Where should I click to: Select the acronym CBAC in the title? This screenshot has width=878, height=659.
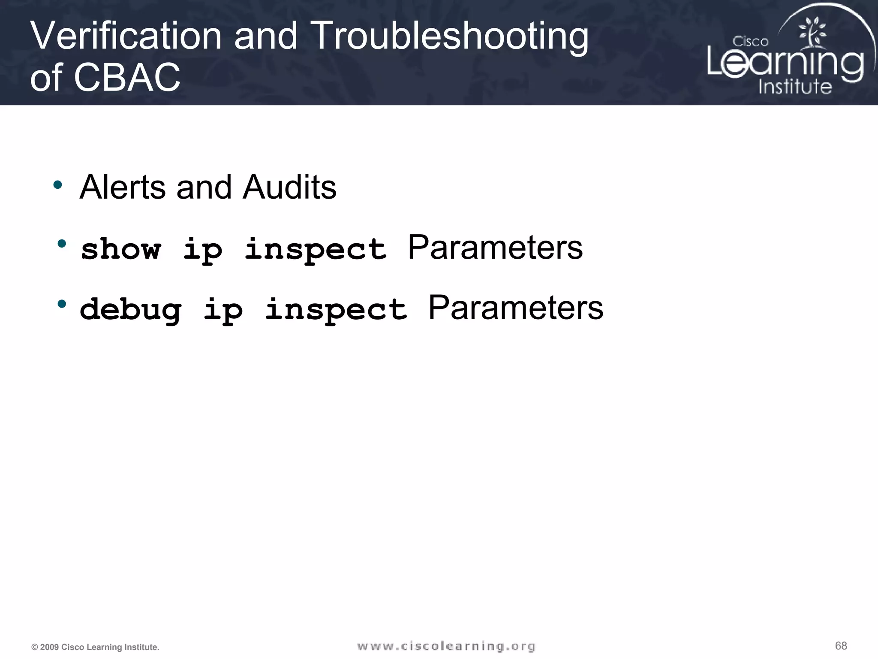127,77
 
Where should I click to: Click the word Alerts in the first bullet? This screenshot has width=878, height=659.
123,187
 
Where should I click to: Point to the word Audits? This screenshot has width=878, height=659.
289,187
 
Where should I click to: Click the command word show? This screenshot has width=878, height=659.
121,249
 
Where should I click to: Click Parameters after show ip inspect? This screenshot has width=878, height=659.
495,248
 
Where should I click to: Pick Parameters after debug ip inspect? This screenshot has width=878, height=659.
516,308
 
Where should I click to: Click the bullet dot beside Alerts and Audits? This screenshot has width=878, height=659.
57,185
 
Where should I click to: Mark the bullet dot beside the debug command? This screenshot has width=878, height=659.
62,304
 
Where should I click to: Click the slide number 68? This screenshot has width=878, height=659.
841,646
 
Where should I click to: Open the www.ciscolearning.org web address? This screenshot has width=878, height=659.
446,646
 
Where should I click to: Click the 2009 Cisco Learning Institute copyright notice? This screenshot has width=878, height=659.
95,647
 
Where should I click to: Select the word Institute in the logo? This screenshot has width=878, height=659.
795,86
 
